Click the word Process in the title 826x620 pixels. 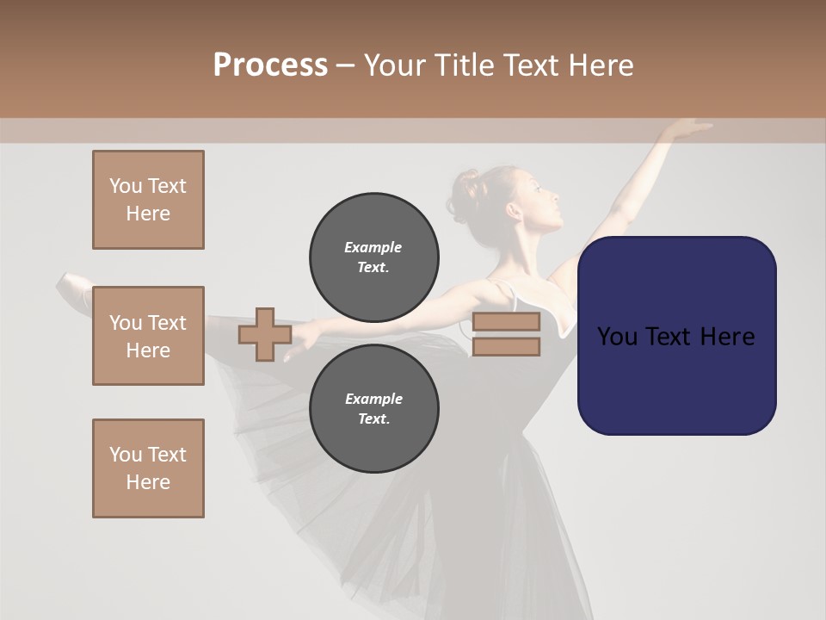click(270, 65)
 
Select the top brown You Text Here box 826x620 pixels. click(148, 200)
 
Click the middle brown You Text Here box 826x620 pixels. click(148, 336)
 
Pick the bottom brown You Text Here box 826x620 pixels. click(148, 468)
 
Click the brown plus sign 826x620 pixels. click(264, 335)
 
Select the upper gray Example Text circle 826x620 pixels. click(373, 257)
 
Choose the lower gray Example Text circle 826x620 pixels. click(373, 409)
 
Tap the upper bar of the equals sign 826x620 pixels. click(506, 322)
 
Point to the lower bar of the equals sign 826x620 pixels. click(506, 347)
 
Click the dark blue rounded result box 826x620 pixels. click(676, 336)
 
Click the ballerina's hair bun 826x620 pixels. click(468, 184)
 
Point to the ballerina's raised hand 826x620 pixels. click(688, 129)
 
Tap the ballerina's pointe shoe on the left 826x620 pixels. click(74, 289)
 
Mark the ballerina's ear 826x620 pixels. click(514, 210)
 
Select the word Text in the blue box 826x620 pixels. click(675, 336)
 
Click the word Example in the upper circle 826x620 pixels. click(373, 247)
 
